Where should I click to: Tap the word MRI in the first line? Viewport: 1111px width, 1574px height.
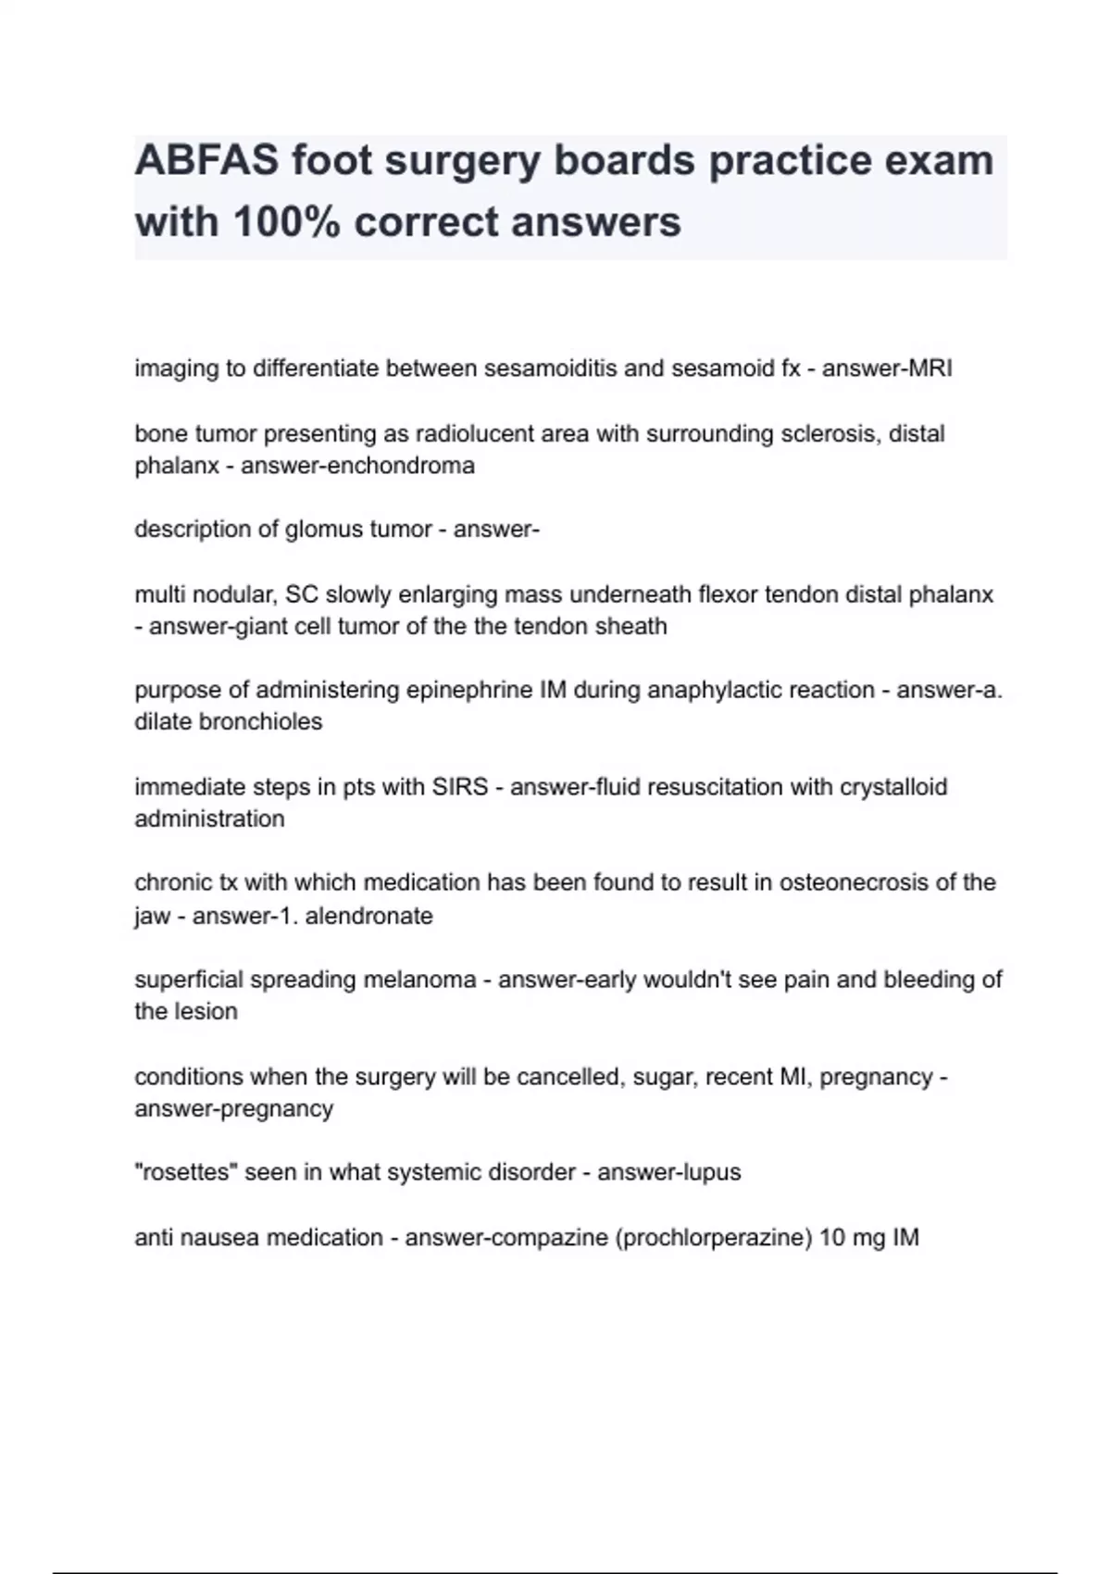[x=930, y=369]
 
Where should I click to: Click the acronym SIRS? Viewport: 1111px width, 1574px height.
[x=459, y=787]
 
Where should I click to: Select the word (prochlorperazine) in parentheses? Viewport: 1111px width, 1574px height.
[x=714, y=1238]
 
